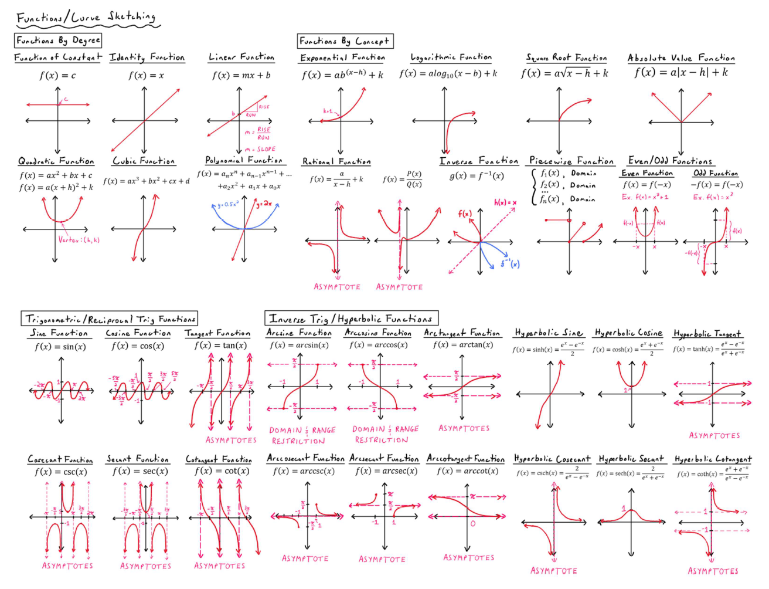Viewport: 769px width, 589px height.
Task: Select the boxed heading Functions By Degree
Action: [58, 40]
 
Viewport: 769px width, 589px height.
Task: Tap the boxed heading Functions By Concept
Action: [344, 41]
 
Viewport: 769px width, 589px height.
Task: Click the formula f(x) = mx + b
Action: [241, 75]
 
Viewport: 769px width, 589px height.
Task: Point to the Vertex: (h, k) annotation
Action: [79, 240]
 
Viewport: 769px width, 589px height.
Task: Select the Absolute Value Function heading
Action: [681, 57]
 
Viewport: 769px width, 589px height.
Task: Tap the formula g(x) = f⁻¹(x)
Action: [476, 175]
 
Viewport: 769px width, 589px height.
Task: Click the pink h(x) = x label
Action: [505, 202]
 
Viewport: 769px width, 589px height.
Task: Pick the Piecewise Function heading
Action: [571, 161]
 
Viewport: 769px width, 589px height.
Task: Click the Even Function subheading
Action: [646, 173]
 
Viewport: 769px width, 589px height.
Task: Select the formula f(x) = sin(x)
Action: [60, 347]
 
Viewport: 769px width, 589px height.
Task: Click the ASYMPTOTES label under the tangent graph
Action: [231, 440]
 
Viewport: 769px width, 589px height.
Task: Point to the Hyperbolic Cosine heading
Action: [628, 333]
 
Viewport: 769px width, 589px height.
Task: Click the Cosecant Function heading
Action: [60, 459]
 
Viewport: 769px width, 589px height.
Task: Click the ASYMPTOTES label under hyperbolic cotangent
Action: [713, 571]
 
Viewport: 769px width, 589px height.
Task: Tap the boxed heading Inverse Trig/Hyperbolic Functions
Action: [351, 319]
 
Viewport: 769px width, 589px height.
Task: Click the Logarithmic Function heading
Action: [451, 57]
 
